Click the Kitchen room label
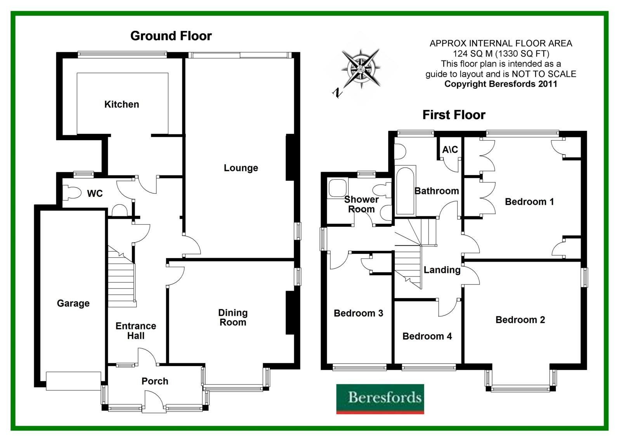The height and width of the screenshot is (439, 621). (x=121, y=104)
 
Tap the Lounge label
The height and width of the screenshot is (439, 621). (x=241, y=168)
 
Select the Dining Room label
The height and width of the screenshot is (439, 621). (x=232, y=317)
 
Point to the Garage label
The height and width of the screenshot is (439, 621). (x=73, y=303)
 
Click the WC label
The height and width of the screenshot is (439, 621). (x=95, y=193)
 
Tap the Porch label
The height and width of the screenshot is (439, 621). (x=154, y=381)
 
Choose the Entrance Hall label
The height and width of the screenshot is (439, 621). (x=136, y=331)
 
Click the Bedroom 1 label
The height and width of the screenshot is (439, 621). (x=529, y=201)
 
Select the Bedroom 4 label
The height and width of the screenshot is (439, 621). (x=427, y=336)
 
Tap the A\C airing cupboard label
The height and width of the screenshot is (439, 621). (x=450, y=149)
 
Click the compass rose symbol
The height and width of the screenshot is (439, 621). (x=361, y=69)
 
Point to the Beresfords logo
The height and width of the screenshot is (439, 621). (x=380, y=399)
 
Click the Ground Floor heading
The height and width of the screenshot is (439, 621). (x=171, y=36)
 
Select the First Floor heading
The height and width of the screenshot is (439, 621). (x=454, y=115)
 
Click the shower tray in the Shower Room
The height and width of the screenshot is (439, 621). (x=336, y=188)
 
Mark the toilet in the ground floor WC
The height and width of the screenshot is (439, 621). (x=71, y=193)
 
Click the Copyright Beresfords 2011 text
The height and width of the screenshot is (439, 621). (x=501, y=84)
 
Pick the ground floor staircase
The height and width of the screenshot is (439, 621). (x=121, y=276)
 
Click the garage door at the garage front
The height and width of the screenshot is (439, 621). (x=73, y=381)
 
